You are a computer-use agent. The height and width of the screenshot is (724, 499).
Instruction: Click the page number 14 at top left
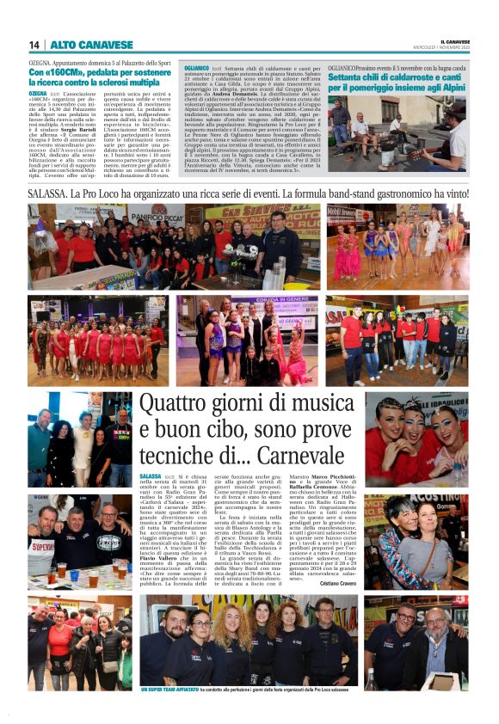[x=34, y=45]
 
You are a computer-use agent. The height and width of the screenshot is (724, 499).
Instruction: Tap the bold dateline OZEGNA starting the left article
[x=38, y=91]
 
